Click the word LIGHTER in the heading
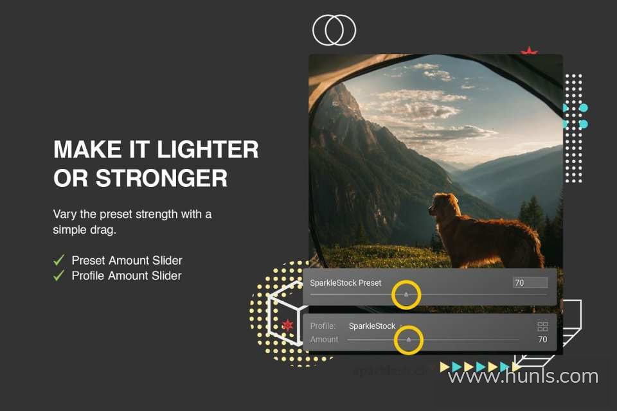pyautogui.click(x=208, y=150)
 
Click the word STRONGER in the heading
pyautogui.click(x=162, y=178)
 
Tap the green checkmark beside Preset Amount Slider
pyautogui.click(x=59, y=259)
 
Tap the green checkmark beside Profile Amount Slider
pyautogui.click(x=59, y=275)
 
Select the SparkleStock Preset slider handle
pyautogui.click(x=406, y=294)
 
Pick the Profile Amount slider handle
pyautogui.click(x=409, y=340)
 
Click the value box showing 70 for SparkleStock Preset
pyautogui.click(x=530, y=283)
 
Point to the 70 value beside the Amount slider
pyautogui.click(x=542, y=339)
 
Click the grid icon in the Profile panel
pyautogui.click(x=542, y=326)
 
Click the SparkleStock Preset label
pyautogui.click(x=346, y=283)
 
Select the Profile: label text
pyautogui.click(x=323, y=326)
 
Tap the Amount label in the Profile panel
pyautogui.click(x=324, y=339)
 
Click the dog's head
pyautogui.click(x=444, y=204)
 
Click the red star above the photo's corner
pyautogui.click(x=529, y=51)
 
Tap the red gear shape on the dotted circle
pyautogui.click(x=288, y=325)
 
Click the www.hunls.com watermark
pyautogui.click(x=523, y=376)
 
